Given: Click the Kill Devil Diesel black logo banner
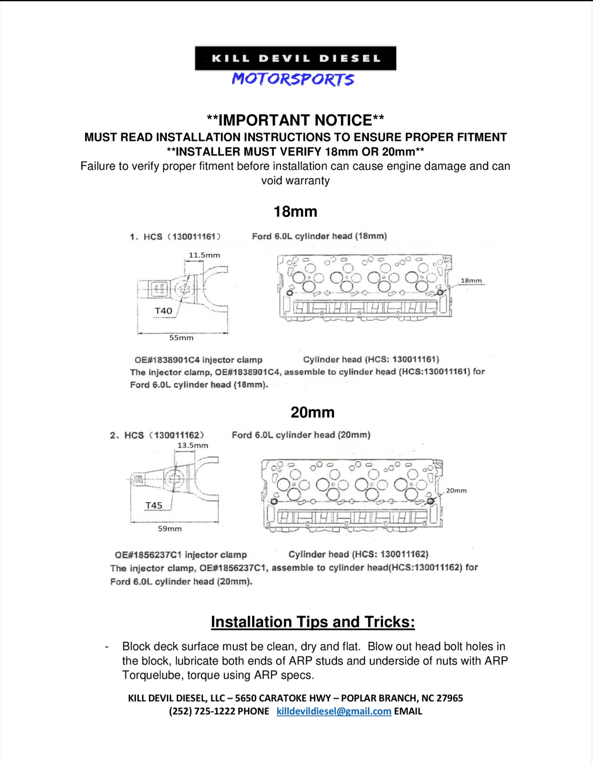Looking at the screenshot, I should (x=295, y=58).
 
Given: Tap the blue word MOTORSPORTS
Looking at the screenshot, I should (x=293, y=79).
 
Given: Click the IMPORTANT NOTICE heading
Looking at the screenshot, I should (x=295, y=120).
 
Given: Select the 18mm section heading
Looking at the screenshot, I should (x=295, y=212).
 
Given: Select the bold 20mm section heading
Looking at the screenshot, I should (x=312, y=412).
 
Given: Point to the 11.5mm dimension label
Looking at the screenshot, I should (x=204, y=255).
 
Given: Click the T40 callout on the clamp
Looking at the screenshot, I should (x=163, y=311).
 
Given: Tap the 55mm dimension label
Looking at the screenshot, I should (x=181, y=338).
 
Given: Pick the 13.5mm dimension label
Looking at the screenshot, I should (x=192, y=445).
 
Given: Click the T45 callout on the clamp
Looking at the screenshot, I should (x=154, y=506).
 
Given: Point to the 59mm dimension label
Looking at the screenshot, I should (x=169, y=529).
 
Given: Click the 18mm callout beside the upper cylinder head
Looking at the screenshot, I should (x=471, y=281).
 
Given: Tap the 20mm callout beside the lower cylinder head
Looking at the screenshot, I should (x=456, y=490).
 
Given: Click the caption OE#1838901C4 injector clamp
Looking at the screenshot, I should (x=198, y=360).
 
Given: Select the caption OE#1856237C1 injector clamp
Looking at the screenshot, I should (x=181, y=555).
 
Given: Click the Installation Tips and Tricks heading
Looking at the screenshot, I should (x=313, y=622).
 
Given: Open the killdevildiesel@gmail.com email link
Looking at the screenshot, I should (x=334, y=712).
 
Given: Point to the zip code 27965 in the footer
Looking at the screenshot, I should (x=449, y=698).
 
